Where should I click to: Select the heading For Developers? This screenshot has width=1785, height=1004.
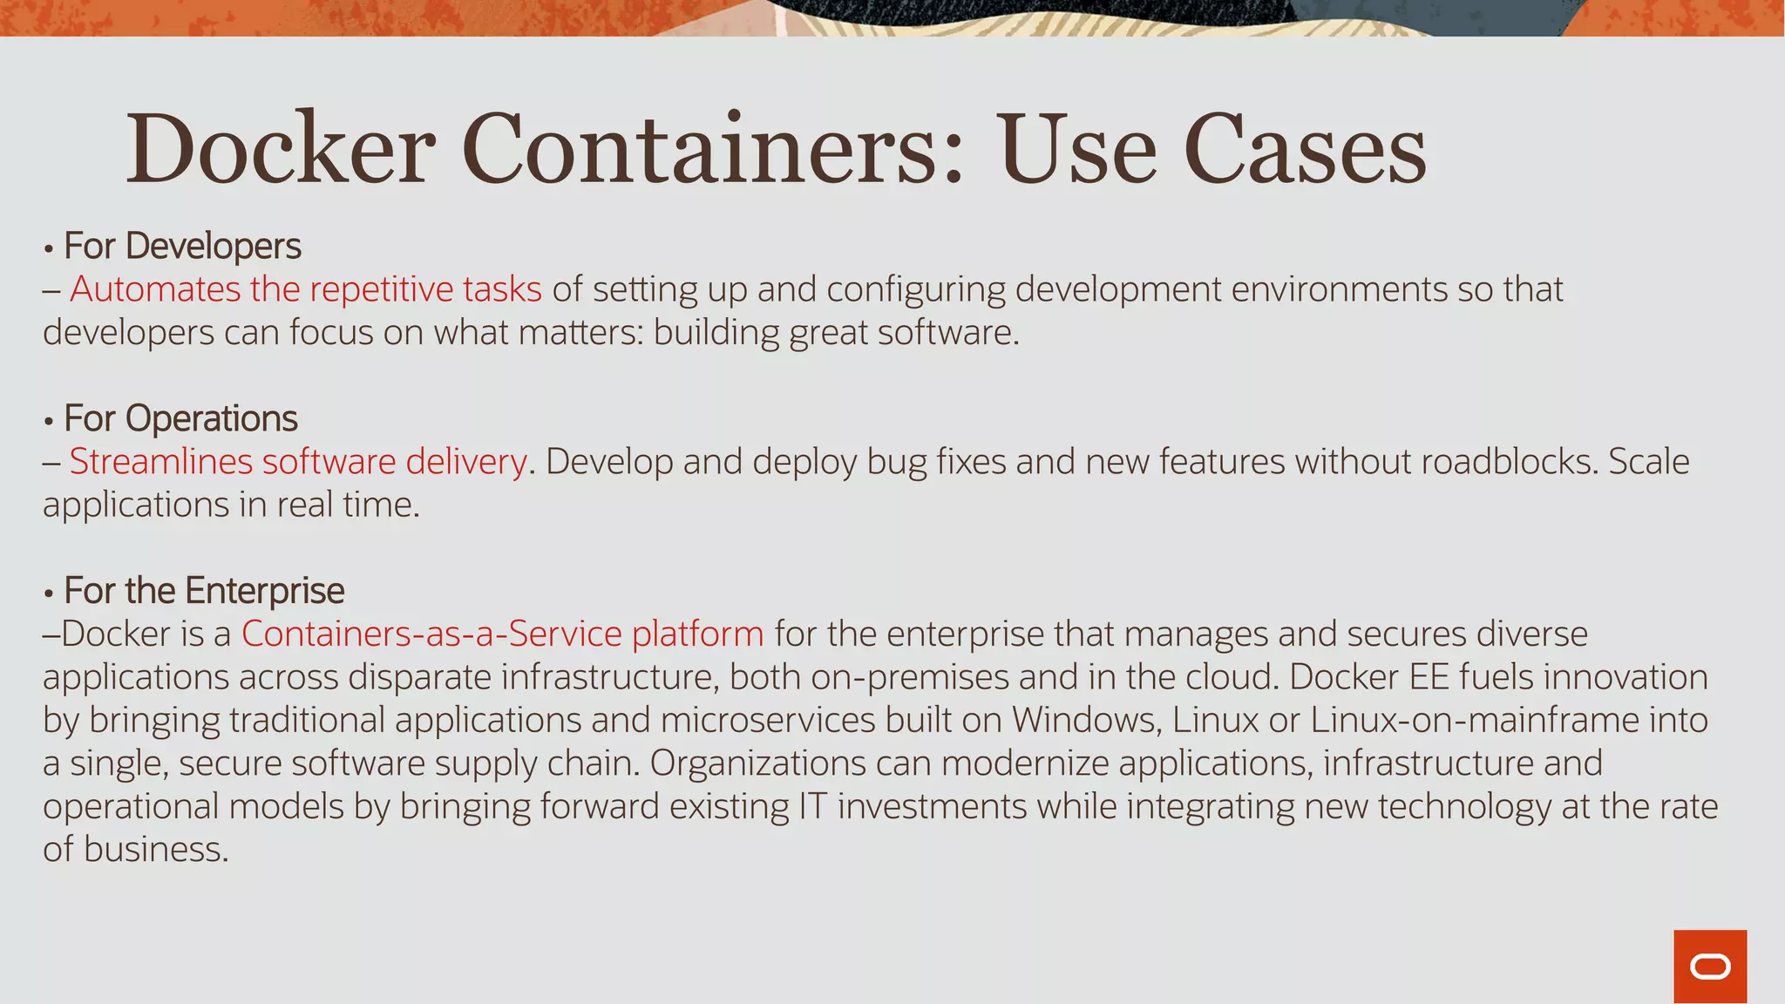(x=182, y=246)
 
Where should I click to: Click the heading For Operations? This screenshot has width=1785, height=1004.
(x=180, y=418)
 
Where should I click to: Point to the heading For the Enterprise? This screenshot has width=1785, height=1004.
(x=204, y=591)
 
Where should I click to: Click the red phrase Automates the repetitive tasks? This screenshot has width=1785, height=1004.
(x=305, y=289)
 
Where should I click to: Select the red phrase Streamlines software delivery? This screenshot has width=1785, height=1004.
(x=298, y=462)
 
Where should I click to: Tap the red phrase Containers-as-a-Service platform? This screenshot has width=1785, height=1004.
(x=502, y=634)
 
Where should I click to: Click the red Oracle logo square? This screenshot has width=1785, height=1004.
(x=1710, y=967)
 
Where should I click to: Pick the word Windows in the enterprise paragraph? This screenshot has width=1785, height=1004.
(x=1086, y=720)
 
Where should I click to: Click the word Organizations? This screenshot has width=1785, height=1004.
(x=757, y=763)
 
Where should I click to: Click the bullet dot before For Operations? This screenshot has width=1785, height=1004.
(x=49, y=421)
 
